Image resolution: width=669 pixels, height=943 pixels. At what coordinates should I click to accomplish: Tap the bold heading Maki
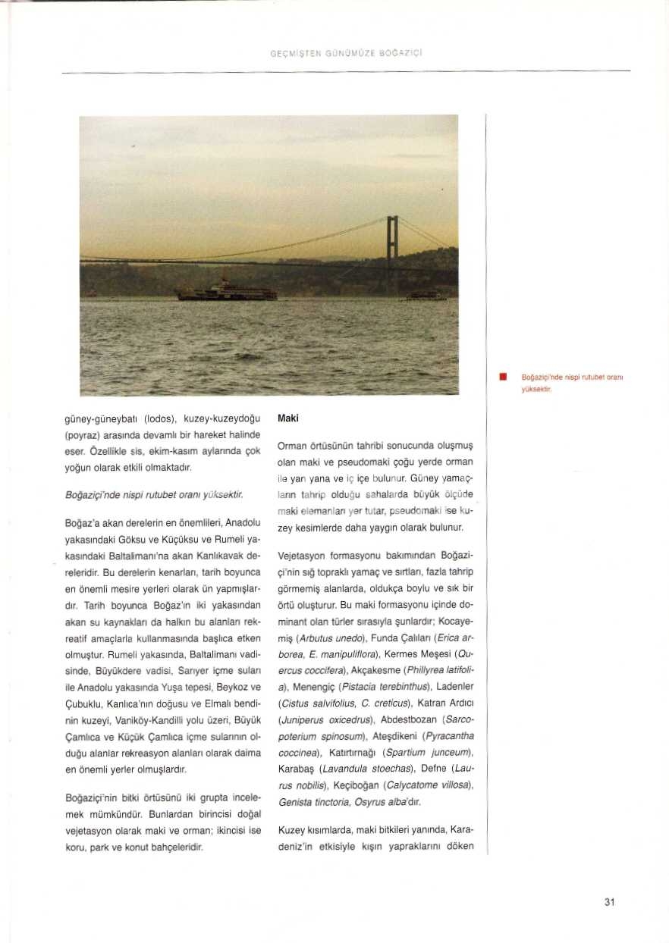tap(287, 418)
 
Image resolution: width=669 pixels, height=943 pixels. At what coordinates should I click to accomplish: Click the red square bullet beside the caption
tap(502, 376)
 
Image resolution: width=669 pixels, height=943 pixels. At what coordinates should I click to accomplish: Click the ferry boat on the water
tap(227, 291)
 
